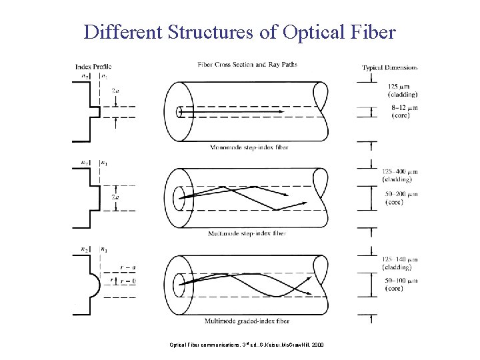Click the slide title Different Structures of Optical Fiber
coord(240,31)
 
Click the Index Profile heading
coord(93,65)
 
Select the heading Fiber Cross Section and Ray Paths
coord(247,65)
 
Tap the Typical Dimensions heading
coord(390,67)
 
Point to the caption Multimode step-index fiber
coord(247,233)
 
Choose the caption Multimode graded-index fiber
coord(247,321)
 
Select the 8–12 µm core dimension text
coord(400,111)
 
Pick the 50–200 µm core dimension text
coord(400,197)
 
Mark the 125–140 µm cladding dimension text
coord(400,263)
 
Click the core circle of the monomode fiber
coord(180,111)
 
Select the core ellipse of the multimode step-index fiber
coord(179,197)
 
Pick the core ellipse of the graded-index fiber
coord(179,283)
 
